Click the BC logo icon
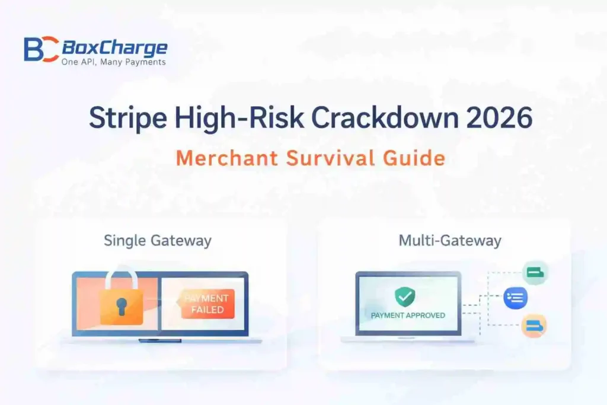coord(41,49)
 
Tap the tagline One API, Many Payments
coord(114,62)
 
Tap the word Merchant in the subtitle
coord(225,158)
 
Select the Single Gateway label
coord(158,241)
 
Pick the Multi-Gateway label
coord(450,241)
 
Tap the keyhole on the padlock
coord(122,307)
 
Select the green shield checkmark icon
coord(405,296)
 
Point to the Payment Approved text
coord(408,315)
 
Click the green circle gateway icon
coord(535,273)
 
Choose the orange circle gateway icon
coord(534,325)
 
